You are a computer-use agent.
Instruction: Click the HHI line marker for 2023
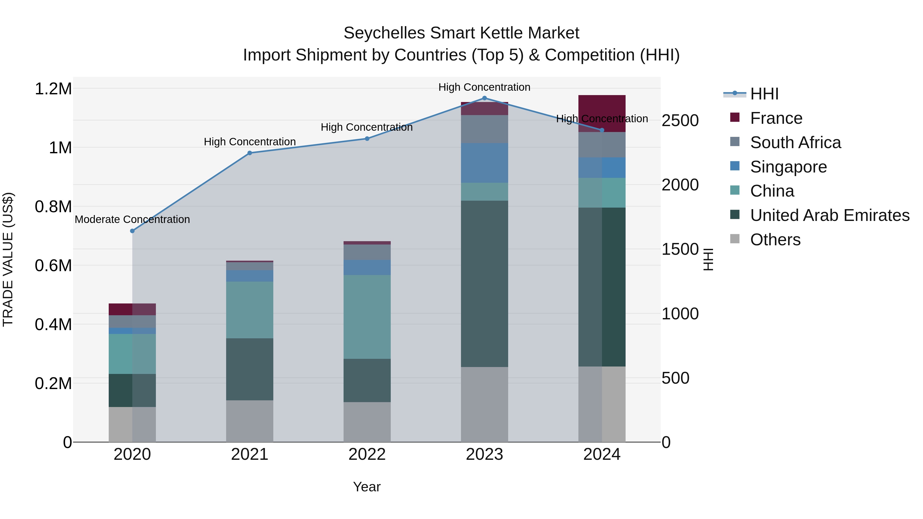(x=484, y=98)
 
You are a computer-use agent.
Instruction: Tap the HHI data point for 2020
(x=132, y=231)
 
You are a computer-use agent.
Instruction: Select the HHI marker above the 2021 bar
(x=250, y=153)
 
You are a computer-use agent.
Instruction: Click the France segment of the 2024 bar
(x=602, y=113)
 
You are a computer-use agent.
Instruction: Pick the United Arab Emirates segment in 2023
(x=484, y=284)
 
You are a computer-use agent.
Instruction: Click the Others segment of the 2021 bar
(x=250, y=421)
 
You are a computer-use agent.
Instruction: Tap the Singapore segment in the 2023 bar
(x=484, y=163)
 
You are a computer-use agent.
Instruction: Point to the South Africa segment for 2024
(x=602, y=145)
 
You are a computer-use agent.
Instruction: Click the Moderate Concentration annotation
(x=132, y=219)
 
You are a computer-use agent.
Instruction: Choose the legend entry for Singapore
(x=788, y=167)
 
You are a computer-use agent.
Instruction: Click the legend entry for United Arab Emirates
(x=829, y=215)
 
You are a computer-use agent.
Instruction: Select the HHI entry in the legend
(x=764, y=94)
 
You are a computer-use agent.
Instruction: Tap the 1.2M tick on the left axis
(x=53, y=89)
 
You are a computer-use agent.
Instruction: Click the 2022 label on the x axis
(x=367, y=454)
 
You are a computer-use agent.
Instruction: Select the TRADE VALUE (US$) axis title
(x=8, y=259)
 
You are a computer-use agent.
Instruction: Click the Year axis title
(x=367, y=487)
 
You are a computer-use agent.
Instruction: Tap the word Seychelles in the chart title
(x=385, y=33)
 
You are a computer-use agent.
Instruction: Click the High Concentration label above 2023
(x=484, y=87)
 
